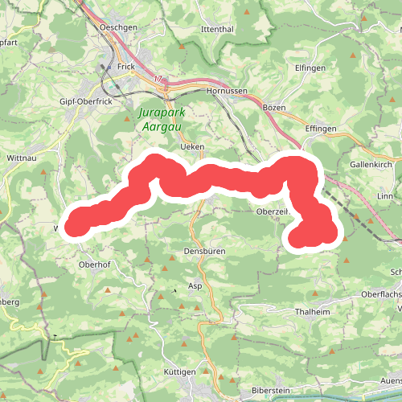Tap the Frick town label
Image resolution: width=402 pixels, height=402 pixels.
(x=124, y=67)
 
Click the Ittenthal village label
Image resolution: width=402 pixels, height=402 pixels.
(x=217, y=29)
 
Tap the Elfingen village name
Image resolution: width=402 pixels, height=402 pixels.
(x=310, y=68)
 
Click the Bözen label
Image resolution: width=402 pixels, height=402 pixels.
(x=274, y=107)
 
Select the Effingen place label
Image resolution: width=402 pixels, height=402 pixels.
(x=319, y=126)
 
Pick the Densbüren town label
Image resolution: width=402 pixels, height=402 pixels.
(x=204, y=252)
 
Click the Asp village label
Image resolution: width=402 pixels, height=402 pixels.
(x=195, y=285)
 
